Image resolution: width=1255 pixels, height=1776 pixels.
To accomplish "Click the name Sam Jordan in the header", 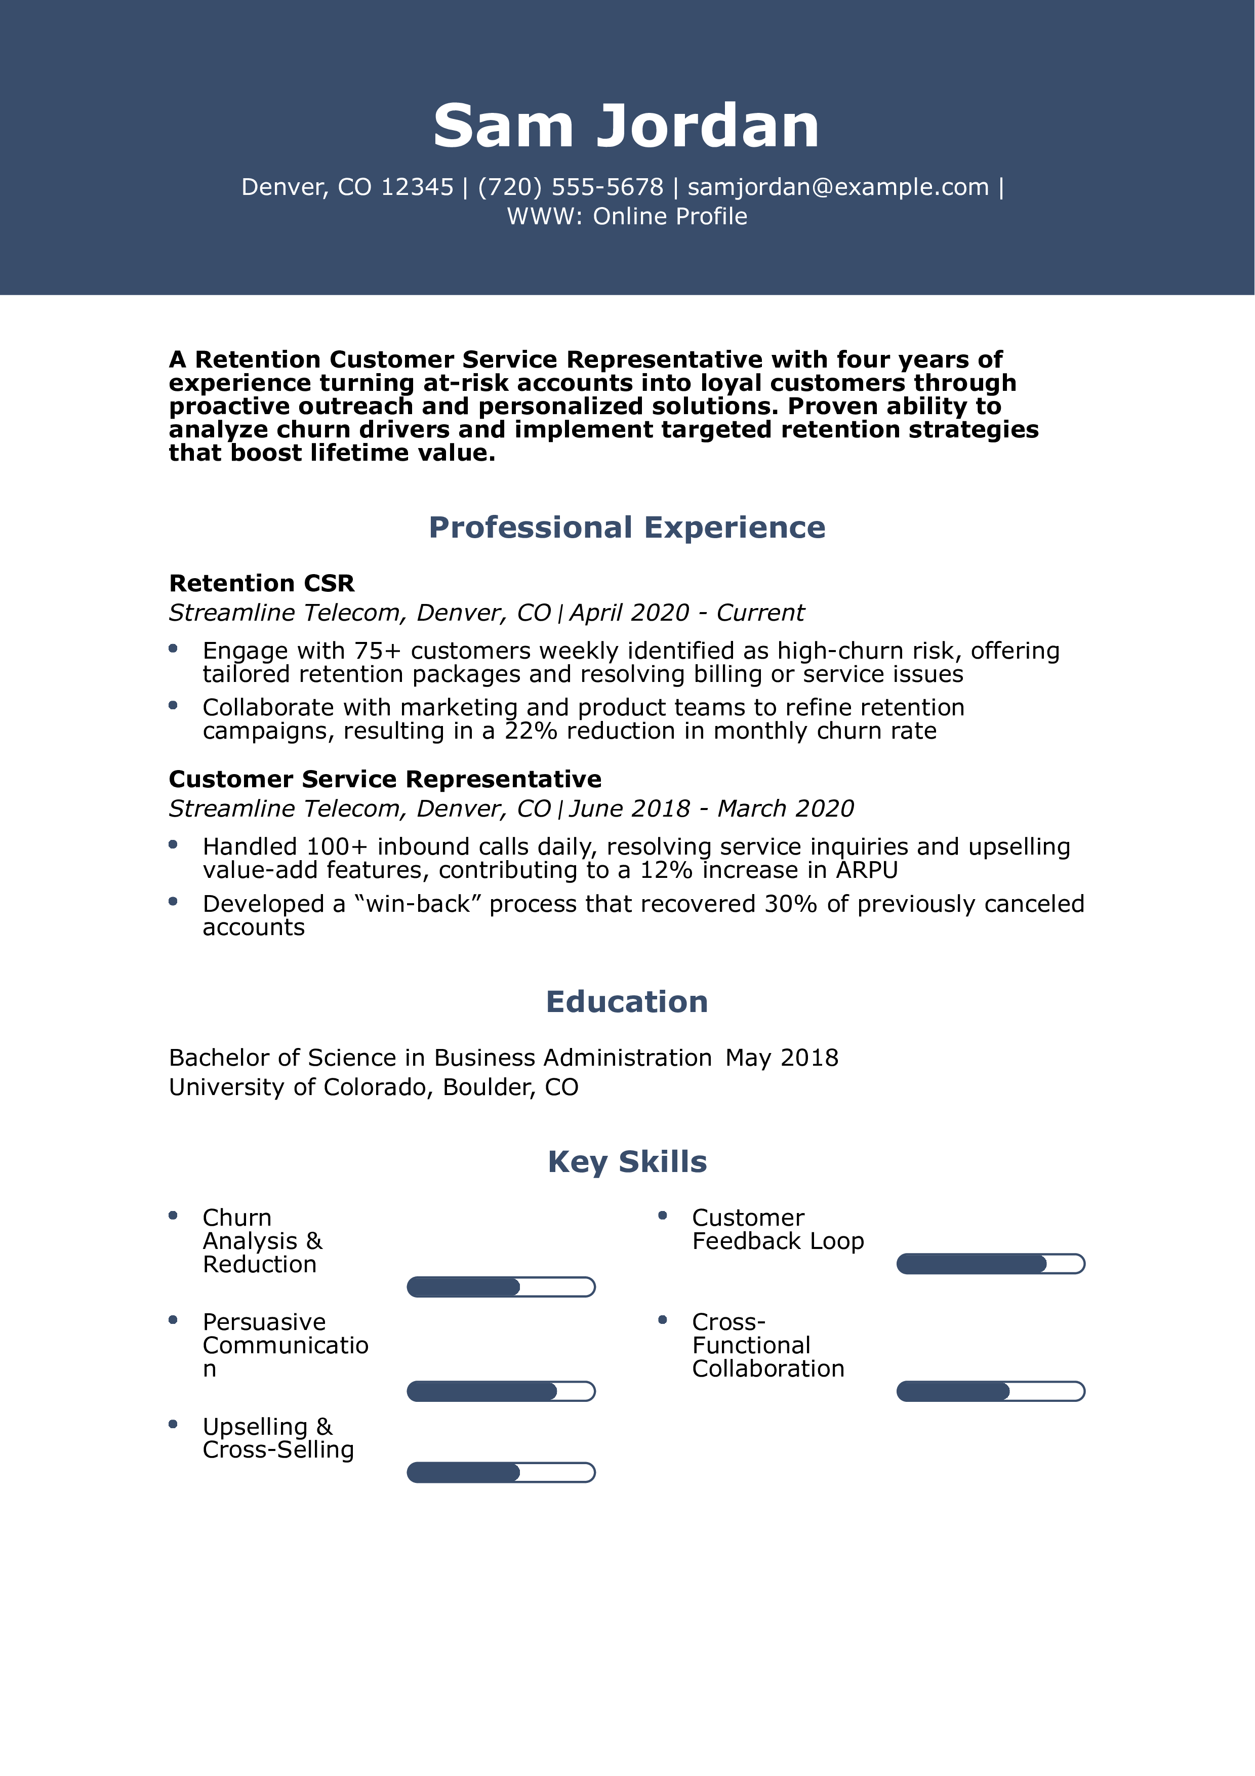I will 626,126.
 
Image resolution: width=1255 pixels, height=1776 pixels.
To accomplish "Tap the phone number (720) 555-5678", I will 570,187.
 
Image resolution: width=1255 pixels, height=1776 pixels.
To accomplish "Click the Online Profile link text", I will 670,217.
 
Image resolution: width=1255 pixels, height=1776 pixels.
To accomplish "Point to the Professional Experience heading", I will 626,528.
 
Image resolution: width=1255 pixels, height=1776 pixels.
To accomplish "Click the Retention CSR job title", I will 261,583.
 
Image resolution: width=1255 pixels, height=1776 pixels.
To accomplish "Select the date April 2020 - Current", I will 686,613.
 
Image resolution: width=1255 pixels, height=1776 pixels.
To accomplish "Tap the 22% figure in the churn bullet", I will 531,731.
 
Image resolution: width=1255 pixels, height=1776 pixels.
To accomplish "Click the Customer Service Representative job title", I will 385,779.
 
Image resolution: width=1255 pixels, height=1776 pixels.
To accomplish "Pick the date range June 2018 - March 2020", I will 711,809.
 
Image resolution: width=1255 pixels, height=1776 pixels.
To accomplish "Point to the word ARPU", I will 866,870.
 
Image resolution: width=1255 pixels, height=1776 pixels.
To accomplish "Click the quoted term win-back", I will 418,904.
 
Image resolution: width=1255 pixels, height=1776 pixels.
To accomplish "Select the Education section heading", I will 626,1002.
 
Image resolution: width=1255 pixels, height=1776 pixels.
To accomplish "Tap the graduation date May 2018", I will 782,1058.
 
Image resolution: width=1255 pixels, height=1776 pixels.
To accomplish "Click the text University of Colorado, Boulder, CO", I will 374,1087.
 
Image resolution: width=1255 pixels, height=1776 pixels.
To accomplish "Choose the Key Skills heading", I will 626,1162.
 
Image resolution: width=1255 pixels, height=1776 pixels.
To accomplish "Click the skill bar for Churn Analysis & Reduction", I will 501,1287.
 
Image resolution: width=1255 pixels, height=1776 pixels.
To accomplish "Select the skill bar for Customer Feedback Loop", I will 991,1264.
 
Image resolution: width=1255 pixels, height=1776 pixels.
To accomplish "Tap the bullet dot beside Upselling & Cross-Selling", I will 173,1424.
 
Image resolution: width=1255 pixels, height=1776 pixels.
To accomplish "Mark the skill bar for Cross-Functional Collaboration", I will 991,1392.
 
